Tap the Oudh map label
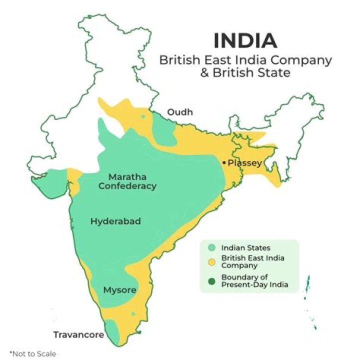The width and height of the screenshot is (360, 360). pyautogui.click(x=179, y=112)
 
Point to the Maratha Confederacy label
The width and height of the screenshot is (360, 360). pyautogui.click(x=127, y=181)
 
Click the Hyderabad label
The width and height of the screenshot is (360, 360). pyautogui.click(x=115, y=221)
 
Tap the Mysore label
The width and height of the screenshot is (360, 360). pyautogui.click(x=119, y=290)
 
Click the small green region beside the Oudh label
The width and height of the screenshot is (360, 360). pyautogui.click(x=163, y=127)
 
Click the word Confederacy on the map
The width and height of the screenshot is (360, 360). pyautogui.click(x=127, y=186)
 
